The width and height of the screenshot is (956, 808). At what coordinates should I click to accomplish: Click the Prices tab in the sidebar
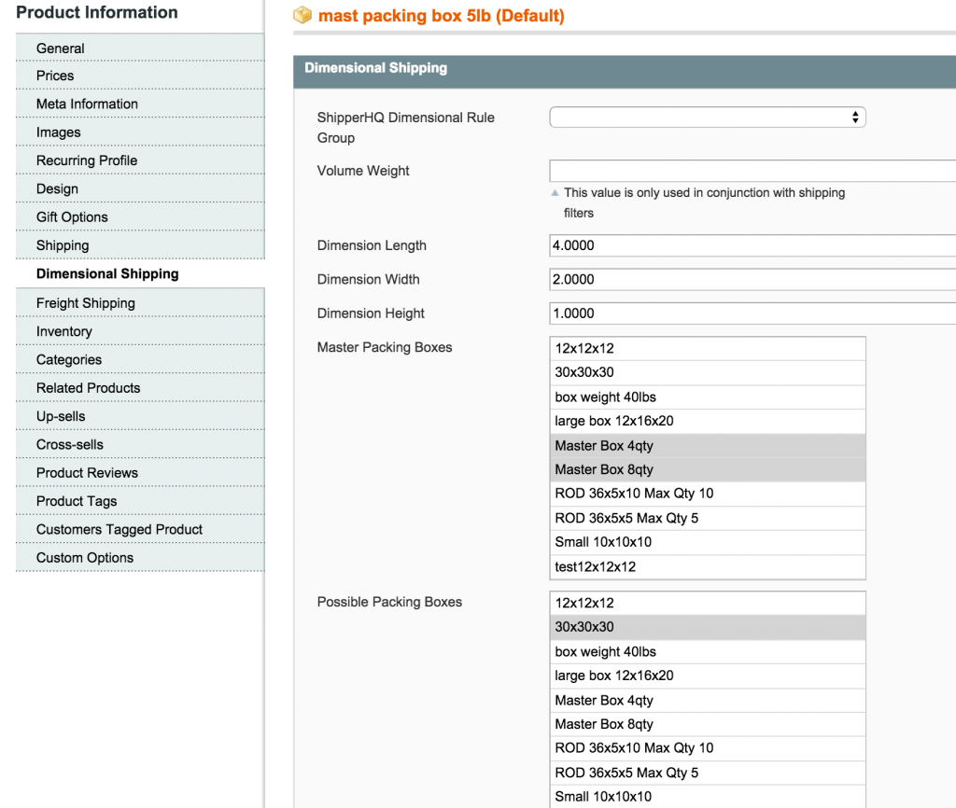pos(55,76)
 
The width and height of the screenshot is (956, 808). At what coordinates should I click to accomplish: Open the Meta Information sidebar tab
pos(87,104)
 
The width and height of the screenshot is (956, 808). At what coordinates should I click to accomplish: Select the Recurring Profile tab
pos(87,160)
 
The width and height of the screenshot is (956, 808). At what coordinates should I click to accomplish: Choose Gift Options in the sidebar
pos(72,217)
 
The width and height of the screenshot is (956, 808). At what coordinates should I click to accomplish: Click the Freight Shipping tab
pos(86,303)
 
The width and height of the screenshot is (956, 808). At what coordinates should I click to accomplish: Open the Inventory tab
pos(64,331)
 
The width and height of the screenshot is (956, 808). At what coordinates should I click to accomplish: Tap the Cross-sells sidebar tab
pos(70,445)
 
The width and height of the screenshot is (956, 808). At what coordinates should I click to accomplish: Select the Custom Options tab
pos(85,558)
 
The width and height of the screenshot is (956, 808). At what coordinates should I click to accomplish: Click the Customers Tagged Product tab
pos(119,529)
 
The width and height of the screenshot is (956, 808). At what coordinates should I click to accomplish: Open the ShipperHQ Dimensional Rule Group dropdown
pos(708,118)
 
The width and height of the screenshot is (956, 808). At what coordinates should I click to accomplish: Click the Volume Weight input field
pos(752,171)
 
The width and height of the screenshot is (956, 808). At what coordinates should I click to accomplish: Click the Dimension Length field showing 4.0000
pos(752,245)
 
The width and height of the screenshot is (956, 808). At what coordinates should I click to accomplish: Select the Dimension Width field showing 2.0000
pos(752,279)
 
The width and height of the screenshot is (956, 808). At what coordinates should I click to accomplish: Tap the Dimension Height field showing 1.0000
pos(752,313)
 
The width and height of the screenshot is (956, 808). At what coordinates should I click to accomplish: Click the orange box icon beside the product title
pos(302,16)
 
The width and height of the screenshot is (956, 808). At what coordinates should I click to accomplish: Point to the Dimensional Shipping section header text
pos(375,68)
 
